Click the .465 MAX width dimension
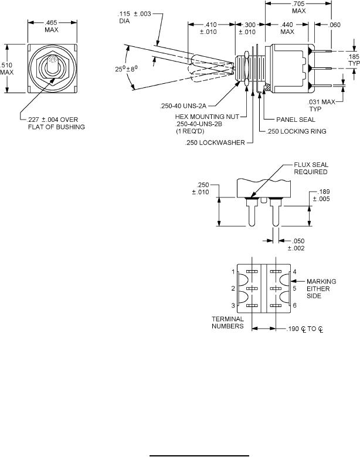click(x=52, y=26)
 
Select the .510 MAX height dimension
click(x=6, y=69)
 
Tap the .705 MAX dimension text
click(x=299, y=7)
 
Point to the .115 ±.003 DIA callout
click(x=134, y=18)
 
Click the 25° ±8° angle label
click(x=126, y=69)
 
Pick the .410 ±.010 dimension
click(x=208, y=28)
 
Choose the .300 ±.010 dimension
click(x=247, y=28)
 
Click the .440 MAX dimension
click(x=287, y=28)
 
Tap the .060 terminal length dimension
click(x=334, y=25)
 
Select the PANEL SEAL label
click(x=296, y=120)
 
